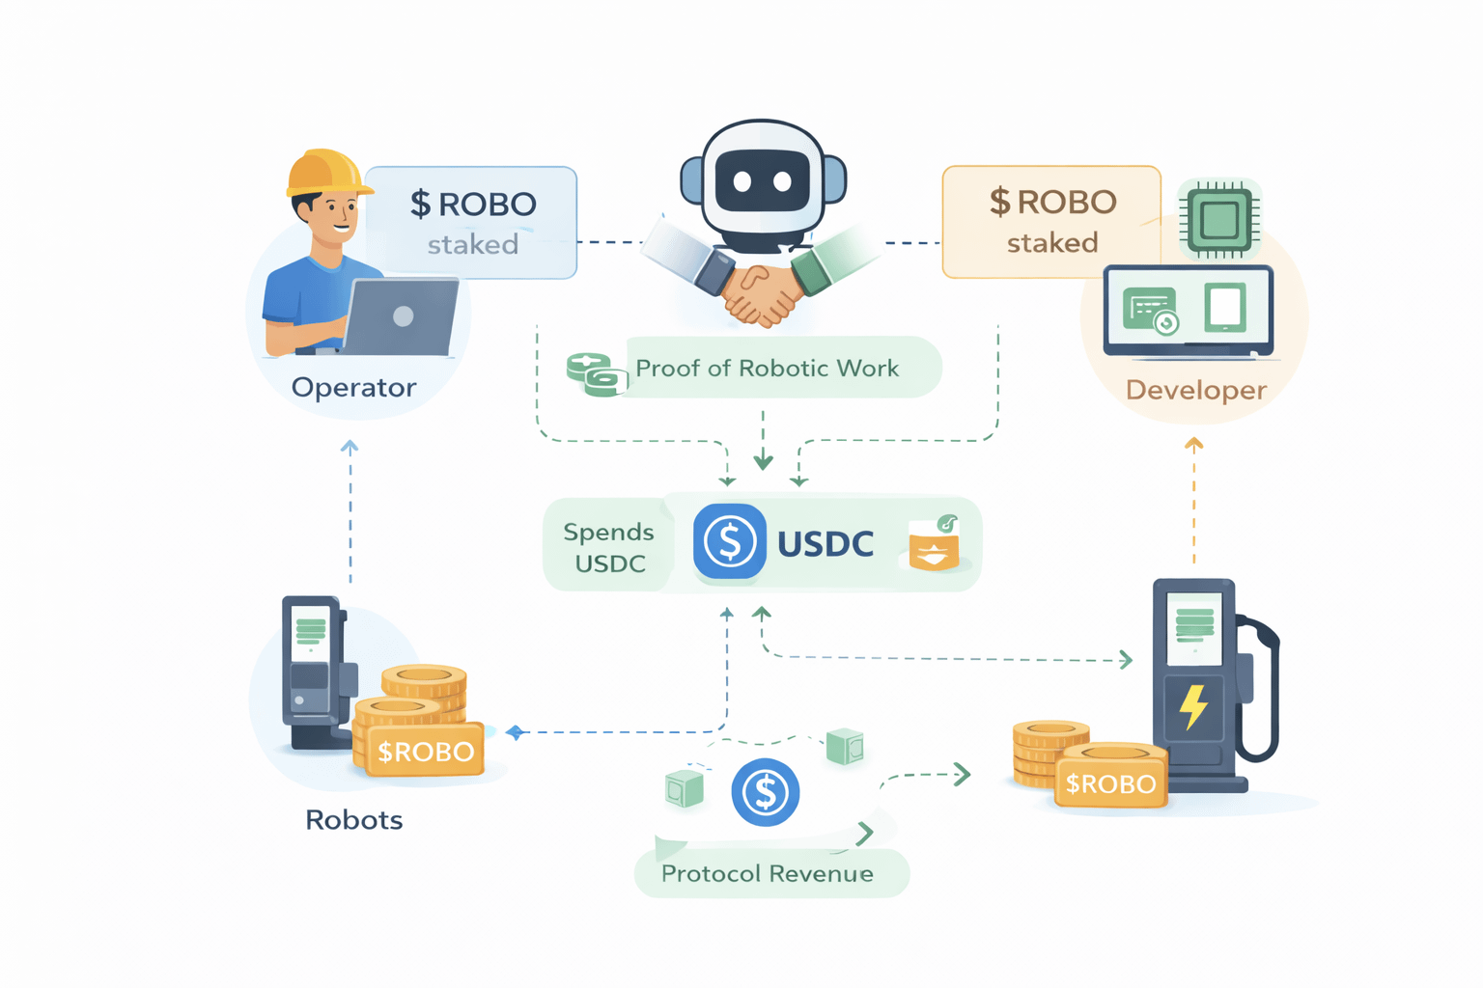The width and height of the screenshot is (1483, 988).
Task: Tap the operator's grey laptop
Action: pyautogui.click(x=401, y=316)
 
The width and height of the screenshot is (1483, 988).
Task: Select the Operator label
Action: pyautogui.click(x=353, y=388)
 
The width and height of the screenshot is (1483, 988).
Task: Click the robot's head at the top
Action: pyautogui.click(x=763, y=178)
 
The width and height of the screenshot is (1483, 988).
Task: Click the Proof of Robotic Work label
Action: pyautogui.click(x=767, y=369)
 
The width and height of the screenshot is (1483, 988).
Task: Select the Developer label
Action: pyautogui.click(x=1195, y=391)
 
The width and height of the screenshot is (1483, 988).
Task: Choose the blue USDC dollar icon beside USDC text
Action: pyautogui.click(x=729, y=542)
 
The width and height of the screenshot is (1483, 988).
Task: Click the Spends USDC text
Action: pyautogui.click(x=608, y=547)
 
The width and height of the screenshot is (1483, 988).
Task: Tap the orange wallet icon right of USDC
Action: pyautogui.click(x=934, y=545)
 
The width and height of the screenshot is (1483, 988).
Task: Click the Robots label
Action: pyautogui.click(x=353, y=820)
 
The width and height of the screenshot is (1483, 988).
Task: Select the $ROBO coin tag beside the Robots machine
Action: pyautogui.click(x=425, y=752)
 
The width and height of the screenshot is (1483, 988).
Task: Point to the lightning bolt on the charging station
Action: pyautogui.click(x=1194, y=706)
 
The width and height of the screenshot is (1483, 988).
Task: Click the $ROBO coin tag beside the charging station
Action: pyautogui.click(x=1110, y=783)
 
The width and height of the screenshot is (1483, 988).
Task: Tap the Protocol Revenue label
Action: pyautogui.click(x=767, y=874)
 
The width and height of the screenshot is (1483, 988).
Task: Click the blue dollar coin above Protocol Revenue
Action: pyautogui.click(x=765, y=793)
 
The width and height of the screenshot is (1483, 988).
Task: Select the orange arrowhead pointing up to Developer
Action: pyautogui.click(x=1194, y=445)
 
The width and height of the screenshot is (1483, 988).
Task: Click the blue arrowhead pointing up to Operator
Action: pyautogui.click(x=350, y=447)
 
